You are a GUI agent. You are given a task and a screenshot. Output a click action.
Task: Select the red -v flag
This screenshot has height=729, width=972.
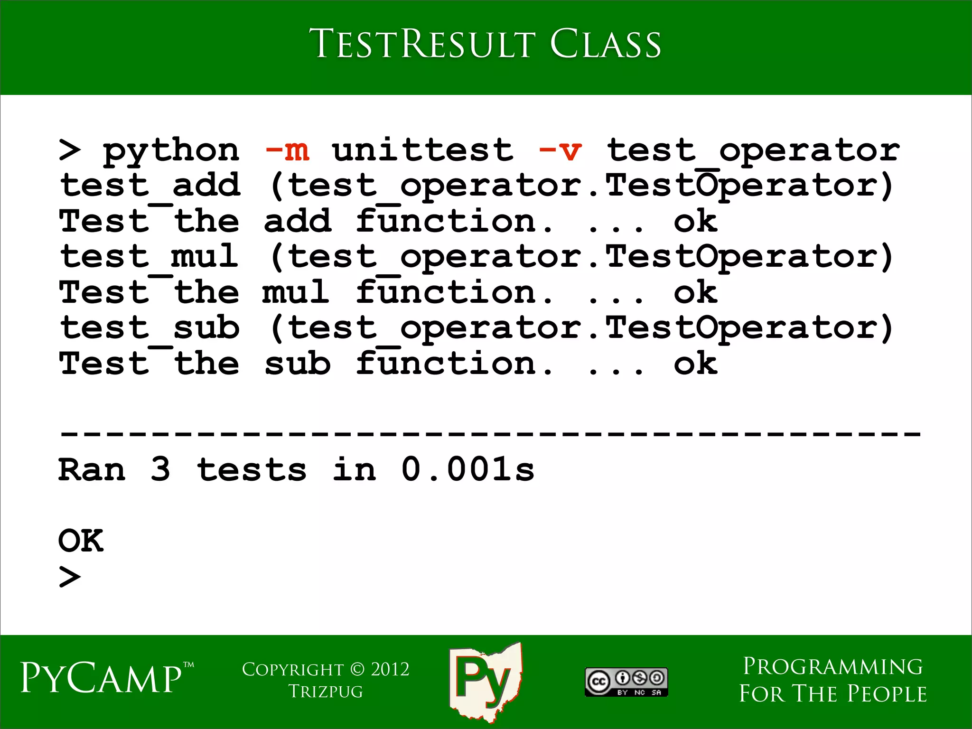(x=561, y=151)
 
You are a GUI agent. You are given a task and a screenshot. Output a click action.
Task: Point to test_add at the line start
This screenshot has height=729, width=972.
(x=150, y=186)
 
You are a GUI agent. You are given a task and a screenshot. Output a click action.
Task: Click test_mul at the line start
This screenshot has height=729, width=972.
(x=149, y=257)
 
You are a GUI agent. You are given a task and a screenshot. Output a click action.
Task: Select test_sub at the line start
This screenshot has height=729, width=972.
(x=150, y=328)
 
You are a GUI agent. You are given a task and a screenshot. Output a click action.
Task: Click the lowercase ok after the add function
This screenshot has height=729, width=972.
(x=695, y=221)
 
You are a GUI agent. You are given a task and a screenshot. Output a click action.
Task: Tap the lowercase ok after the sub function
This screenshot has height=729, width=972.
(x=695, y=364)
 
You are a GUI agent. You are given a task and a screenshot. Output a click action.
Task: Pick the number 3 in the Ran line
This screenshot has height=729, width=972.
(x=160, y=469)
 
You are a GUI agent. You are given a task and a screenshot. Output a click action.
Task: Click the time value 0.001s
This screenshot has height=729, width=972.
(x=468, y=469)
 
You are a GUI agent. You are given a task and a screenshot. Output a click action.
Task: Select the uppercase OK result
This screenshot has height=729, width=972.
(x=81, y=541)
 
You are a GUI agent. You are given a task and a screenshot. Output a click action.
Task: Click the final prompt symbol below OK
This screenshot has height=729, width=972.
(x=70, y=577)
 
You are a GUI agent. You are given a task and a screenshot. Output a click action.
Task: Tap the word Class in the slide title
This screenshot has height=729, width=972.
(x=605, y=44)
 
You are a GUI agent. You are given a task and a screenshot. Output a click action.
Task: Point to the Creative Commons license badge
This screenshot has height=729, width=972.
(x=626, y=682)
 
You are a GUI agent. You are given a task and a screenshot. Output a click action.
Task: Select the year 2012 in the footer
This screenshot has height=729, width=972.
(x=390, y=670)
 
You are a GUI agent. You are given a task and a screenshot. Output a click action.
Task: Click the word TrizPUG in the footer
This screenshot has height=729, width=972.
(x=326, y=692)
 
